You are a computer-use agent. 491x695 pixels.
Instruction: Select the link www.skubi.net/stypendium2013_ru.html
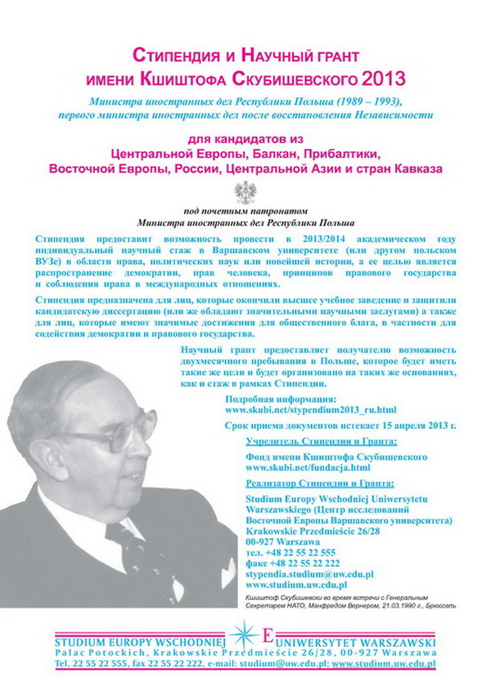tap(310, 408)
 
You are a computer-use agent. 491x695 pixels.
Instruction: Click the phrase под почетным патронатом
tap(245, 210)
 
